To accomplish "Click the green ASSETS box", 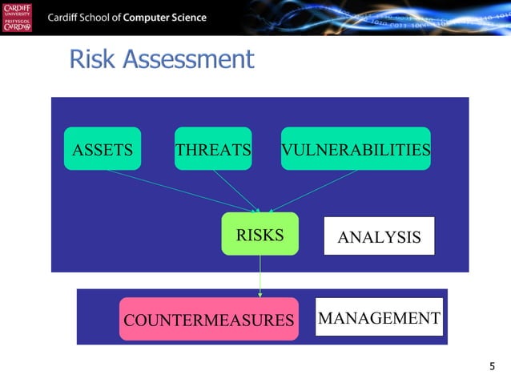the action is (x=103, y=149).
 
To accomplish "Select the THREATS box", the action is (x=213, y=149).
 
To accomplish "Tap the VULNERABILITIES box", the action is (x=356, y=149).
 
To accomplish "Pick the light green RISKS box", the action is (x=260, y=234).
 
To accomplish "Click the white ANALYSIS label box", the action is (x=379, y=236).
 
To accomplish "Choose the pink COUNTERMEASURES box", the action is (x=208, y=320).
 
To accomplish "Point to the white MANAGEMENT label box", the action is (x=378, y=317).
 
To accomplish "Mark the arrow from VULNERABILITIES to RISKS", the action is (x=312, y=190).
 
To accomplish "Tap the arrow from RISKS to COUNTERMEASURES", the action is (x=260, y=276).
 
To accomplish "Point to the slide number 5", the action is (x=492, y=366).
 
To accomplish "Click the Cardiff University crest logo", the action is (x=18, y=18).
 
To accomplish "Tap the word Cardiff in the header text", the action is (x=67, y=18).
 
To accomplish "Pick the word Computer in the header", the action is (x=155, y=18).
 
